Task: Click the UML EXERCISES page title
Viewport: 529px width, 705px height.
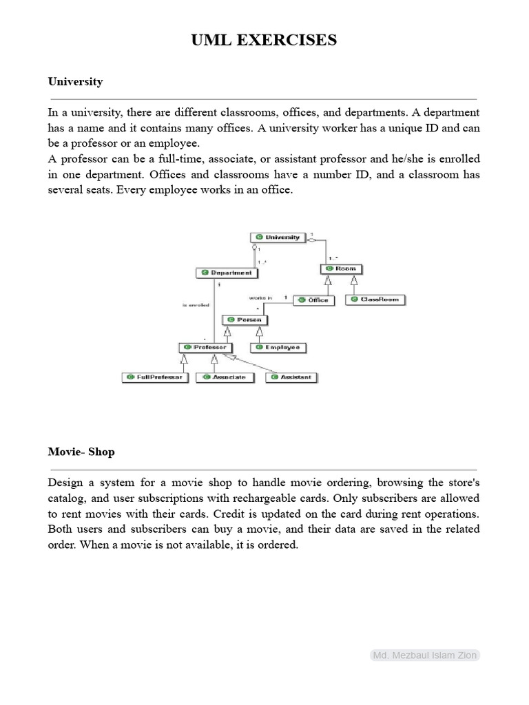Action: click(264, 41)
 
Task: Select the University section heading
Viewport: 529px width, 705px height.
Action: click(75, 81)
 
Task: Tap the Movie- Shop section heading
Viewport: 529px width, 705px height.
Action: click(81, 452)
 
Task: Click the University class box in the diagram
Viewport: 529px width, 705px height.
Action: click(276, 238)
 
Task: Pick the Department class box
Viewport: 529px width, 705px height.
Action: click(227, 273)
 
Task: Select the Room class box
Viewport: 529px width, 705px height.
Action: click(341, 269)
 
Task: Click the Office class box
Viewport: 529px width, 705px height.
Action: click(313, 300)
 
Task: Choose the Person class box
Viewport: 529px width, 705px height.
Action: click(245, 319)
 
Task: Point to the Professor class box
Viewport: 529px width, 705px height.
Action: click(205, 347)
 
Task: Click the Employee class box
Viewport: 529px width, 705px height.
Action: click(278, 348)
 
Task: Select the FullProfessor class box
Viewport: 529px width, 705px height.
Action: click(154, 377)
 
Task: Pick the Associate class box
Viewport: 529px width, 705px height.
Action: click(225, 377)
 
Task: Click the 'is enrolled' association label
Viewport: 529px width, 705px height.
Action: click(196, 304)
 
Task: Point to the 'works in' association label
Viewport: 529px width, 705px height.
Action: click(260, 297)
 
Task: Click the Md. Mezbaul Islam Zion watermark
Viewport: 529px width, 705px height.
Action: click(424, 655)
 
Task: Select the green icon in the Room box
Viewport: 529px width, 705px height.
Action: click(329, 269)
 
